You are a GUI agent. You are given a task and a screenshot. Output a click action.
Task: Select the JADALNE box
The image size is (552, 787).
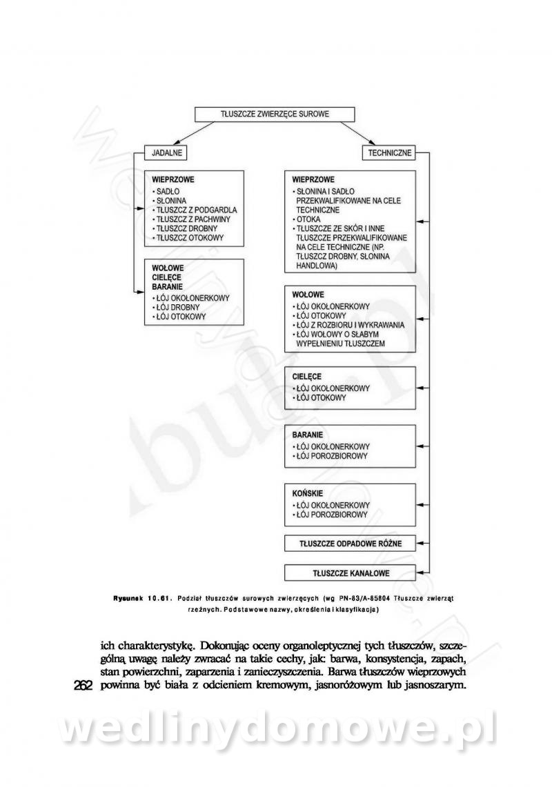[x=164, y=152]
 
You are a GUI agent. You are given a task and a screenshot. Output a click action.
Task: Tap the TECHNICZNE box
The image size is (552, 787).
[x=391, y=152]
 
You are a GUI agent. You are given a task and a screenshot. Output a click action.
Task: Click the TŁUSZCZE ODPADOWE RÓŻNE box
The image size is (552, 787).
[x=351, y=544]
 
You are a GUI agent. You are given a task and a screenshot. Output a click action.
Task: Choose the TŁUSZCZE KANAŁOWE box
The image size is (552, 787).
[x=351, y=572]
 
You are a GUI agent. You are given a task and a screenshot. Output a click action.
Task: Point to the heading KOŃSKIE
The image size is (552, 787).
[x=308, y=493]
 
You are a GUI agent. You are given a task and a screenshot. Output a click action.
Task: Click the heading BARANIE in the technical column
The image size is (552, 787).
[x=308, y=435]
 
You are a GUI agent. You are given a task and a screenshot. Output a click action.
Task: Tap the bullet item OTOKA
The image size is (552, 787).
[x=307, y=219]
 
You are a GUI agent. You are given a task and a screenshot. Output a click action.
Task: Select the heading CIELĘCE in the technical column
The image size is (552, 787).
[x=307, y=377]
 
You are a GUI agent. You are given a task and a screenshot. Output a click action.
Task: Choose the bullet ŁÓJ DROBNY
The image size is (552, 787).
[x=177, y=307]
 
